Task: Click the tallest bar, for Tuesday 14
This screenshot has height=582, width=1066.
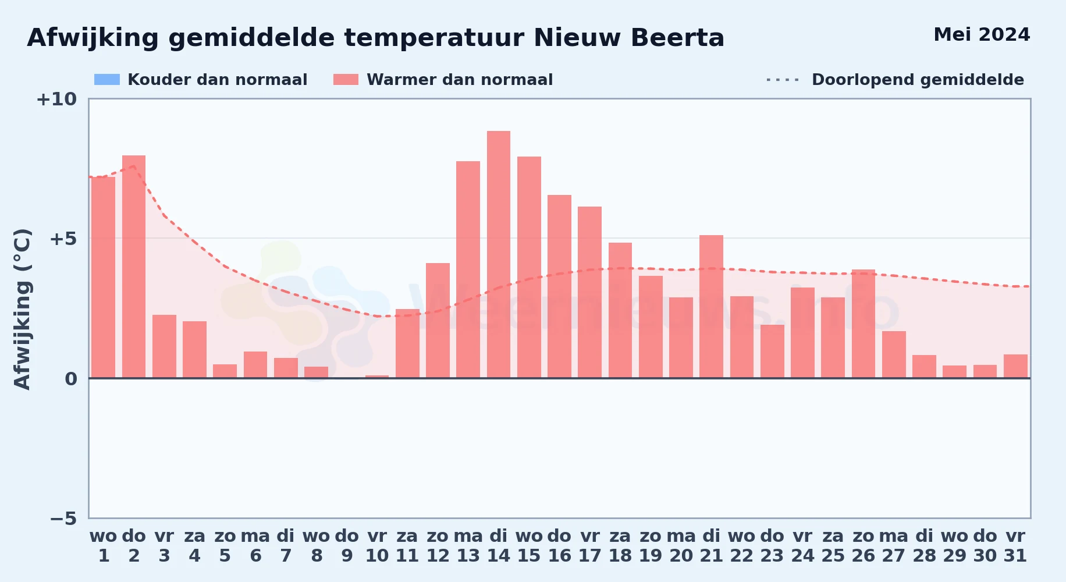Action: [x=499, y=254]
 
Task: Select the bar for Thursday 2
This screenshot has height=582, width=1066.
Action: [x=134, y=267]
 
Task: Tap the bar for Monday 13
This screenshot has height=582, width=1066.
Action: [x=468, y=269]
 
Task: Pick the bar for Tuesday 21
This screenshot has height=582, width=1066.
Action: [x=711, y=307]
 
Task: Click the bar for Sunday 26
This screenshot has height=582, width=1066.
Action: [x=864, y=324]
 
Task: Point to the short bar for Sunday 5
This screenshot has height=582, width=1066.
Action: [x=225, y=371]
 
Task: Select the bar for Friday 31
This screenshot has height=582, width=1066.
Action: [x=1015, y=366]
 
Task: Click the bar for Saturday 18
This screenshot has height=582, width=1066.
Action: [x=620, y=310]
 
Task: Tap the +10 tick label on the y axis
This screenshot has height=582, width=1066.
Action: [x=56, y=99]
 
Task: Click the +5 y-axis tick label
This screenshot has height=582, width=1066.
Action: [x=63, y=239]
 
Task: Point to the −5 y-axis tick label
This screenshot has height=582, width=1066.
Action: [x=63, y=518]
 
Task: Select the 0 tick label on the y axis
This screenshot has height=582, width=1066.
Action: [x=71, y=379]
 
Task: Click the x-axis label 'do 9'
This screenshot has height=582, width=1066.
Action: [x=347, y=546]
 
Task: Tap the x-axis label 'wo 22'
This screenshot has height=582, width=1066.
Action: [x=742, y=546]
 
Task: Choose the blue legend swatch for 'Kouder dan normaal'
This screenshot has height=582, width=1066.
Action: [x=107, y=80]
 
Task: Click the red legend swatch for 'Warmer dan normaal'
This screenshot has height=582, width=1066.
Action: [x=346, y=80]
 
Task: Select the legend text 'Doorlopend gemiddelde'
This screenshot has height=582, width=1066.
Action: [x=918, y=80]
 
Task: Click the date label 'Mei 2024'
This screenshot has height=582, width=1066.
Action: [x=982, y=35]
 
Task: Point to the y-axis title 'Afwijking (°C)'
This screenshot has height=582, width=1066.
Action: [x=22, y=309]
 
